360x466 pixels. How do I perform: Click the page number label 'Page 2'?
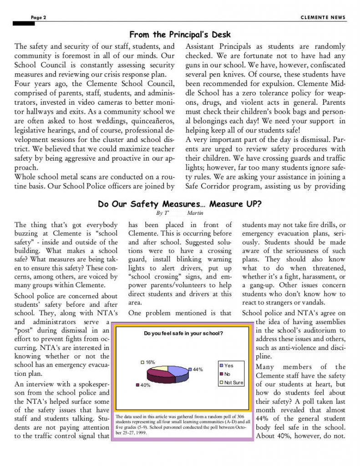(39, 18)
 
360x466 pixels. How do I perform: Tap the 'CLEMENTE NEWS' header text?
(323, 18)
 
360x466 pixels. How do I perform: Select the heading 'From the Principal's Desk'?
(180, 35)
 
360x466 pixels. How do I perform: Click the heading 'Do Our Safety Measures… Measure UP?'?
(180, 204)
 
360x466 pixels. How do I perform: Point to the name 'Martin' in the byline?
(195, 213)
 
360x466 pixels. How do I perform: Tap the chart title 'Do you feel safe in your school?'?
(183, 334)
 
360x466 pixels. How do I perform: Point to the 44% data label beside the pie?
(198, 369)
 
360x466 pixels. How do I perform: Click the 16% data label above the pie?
(150, 362)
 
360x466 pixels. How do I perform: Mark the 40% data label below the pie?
(145, 385)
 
